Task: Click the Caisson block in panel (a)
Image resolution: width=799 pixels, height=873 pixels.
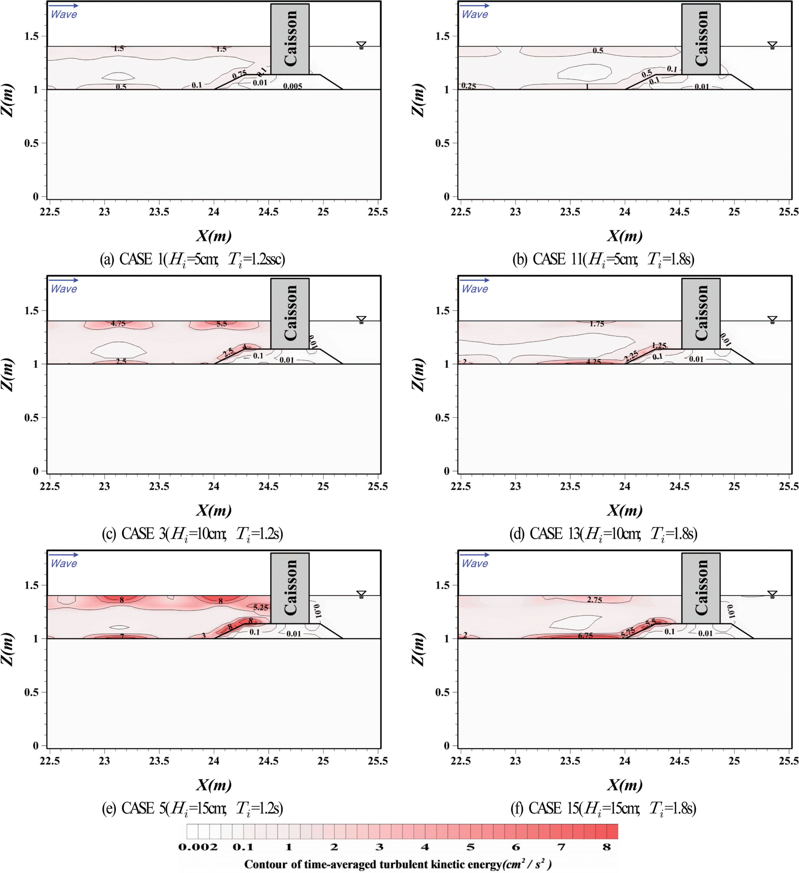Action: click(x=290, y=39)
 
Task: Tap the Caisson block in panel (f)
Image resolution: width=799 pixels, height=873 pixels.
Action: click(x=701, y=588)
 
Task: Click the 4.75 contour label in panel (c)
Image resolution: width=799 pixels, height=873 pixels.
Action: click(x=118, y=323)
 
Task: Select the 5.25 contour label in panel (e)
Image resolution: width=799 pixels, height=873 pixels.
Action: click(x=261, y=607)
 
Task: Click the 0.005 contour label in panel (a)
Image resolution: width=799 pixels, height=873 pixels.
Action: click(x=293, y=86)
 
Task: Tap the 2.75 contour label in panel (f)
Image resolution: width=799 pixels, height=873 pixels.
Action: click(x=594, y=600)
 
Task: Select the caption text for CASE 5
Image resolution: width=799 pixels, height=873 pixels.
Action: click(x=192, y=808)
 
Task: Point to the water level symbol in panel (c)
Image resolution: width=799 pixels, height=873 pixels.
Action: click(x=361, y=320)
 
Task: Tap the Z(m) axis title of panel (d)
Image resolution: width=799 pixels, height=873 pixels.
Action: click(x=418, y=375)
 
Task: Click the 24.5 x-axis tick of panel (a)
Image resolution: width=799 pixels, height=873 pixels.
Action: click(x=268, y=212)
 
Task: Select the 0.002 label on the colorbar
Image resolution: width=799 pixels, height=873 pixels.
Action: click(x=198, y=847)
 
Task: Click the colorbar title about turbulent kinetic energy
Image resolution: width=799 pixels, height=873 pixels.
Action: click(x=398, y=864)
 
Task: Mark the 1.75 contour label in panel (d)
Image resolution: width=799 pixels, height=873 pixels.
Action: click(x=597, y=323)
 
